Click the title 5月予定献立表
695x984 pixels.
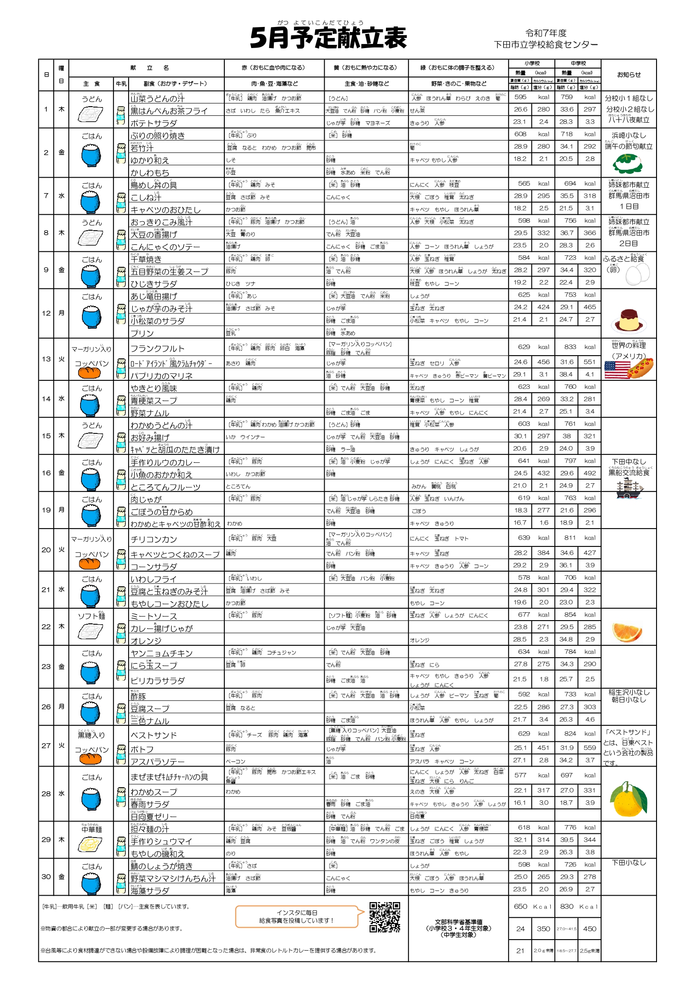(x=328, y=38)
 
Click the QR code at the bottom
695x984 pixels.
(x=385, y=917)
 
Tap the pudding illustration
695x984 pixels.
(x=629, y=320)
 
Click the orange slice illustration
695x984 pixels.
(x=627, y=632)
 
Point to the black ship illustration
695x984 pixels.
(x=629, y=489)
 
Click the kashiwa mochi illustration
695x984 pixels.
(x=628, y=163)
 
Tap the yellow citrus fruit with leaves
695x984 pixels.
(x=628, y=800)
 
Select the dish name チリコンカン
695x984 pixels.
(x=153, y=539)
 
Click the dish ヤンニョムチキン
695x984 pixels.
(x=161, y=653)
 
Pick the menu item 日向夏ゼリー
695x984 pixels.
(x=153, y=816)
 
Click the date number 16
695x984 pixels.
(x=46, y=473)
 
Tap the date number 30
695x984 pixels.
(x=46, y=876)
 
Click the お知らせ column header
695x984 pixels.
(x=629, y=75)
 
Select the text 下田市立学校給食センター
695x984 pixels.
(x=546, y=44)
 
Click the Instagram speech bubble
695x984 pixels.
(x=297, y=916)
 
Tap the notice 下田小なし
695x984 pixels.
(x=629, y=863)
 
